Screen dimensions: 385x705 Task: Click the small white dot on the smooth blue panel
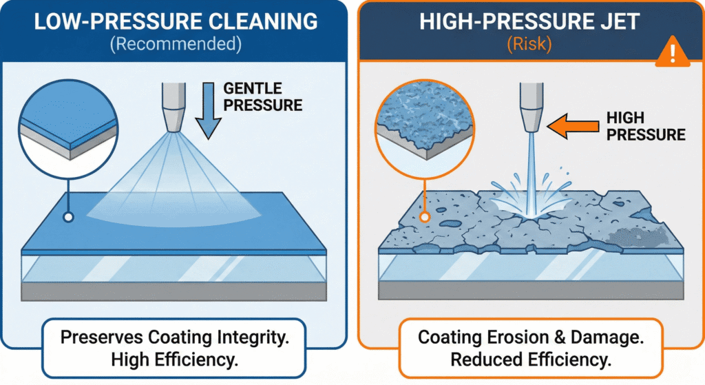click(x=69, y=218)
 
